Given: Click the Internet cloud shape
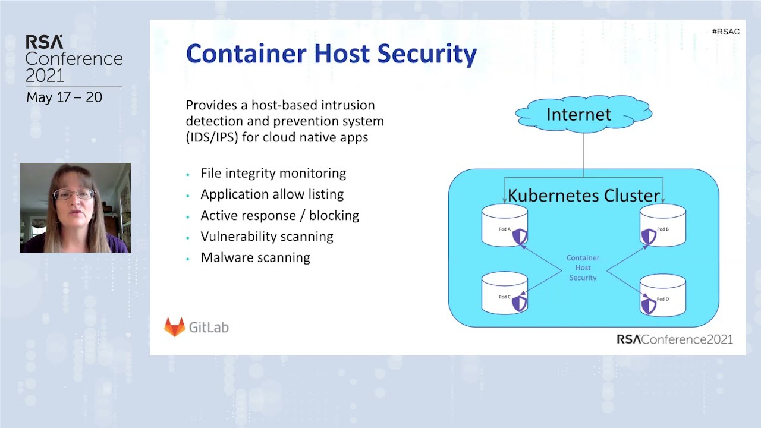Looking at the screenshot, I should pos(583,114).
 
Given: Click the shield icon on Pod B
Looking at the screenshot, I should pos(648,237).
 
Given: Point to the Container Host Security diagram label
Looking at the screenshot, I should pos(583,267).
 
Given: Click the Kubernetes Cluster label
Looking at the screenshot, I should pos(583,196).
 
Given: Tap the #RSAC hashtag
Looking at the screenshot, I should pos(725,32).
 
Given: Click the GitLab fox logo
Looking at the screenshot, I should pos(174,327).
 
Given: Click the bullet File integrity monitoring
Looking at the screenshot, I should pos(273,173).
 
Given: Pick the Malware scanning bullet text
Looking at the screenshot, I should pos(255,257).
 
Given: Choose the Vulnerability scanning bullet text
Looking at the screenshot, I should pos(266,236).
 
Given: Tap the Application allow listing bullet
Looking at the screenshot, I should pos(272,194).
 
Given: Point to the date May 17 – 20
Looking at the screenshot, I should pos(64,97).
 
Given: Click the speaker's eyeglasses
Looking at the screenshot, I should pos(74,194).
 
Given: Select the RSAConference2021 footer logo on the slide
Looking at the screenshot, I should pos(674,339).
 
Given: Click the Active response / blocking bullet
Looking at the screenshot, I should pos(279,215).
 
